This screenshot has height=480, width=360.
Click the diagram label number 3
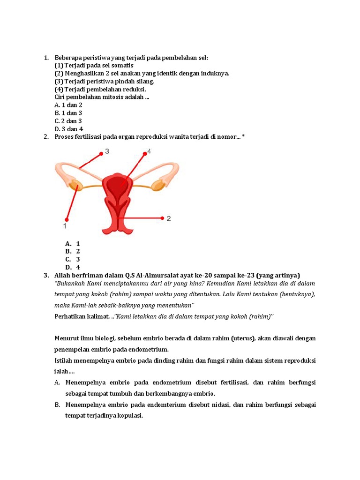click(x=107, y=151)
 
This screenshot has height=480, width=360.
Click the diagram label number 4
click(x=149, y=151)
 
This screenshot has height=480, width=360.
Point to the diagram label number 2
click(x=169, y=218)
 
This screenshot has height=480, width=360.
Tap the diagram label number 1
click(x=65, y=226)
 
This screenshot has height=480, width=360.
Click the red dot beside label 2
click(x=162, y=218)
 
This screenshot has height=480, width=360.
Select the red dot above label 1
click(x=67, y=219)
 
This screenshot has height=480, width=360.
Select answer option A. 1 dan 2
click(x=68, y=105)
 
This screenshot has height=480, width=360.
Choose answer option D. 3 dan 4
click(x=68, y=129)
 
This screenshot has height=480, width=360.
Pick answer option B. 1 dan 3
click(x=68, y=113)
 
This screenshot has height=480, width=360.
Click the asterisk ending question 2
click(x=243, y=136)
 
